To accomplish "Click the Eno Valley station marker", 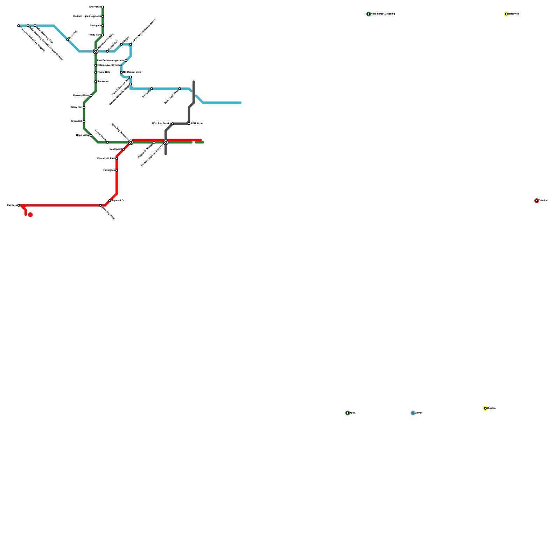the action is click(103, 7).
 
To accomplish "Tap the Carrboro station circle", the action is click(19, 205).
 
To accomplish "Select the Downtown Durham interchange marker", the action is click(96, 51).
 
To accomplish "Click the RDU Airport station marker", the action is click(189, 124).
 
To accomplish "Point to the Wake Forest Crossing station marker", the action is click(369, 14).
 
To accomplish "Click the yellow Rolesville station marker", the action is click(506, 14).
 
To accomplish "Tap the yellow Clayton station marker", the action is click(485, 408).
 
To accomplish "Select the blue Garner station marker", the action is click(413, 413).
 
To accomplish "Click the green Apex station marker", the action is click(348, 413).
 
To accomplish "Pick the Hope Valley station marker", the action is click(91, 135).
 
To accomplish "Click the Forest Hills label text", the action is click(104, 72).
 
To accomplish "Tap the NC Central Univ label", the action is click(132, 72).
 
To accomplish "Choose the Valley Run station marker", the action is click(84, 107).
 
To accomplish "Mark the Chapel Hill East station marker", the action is click(117, 159).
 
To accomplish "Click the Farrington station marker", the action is click(117, 170).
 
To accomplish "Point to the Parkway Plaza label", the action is click(81, 96).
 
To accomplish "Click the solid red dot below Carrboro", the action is click(30, 215).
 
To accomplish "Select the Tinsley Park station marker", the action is click(103, 35).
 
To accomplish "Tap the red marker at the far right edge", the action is click(537, 201).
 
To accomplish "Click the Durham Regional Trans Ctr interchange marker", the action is click(166, 142).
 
